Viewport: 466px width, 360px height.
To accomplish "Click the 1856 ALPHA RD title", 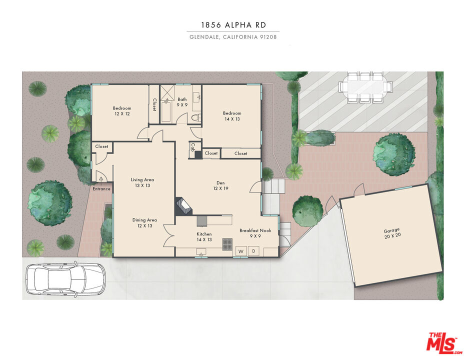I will coord(233,25).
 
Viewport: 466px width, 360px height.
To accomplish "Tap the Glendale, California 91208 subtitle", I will coord(233,37).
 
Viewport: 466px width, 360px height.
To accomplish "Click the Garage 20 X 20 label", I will coord(391,233).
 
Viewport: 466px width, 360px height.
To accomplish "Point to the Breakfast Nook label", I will coord(255,233).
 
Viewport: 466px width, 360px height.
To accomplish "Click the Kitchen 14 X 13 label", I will coord(204,236).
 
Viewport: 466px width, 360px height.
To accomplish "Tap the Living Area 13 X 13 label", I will coord(142,182).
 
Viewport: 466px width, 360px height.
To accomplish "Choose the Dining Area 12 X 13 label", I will coord(144,223).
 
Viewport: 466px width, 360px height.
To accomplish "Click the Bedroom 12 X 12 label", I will coord(121,111).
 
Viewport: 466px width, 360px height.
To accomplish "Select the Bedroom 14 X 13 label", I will coord(232,116).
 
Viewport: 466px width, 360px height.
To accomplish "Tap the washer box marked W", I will coord(240,251).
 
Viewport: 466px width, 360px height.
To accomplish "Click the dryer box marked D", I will coord(253,251).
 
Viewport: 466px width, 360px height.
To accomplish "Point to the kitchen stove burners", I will coord(227,244).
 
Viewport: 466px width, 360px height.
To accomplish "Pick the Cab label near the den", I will coord(192,148).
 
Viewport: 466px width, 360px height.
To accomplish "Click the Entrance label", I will coord(101,189).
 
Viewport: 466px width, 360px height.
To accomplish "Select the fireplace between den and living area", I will coord(183,207).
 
